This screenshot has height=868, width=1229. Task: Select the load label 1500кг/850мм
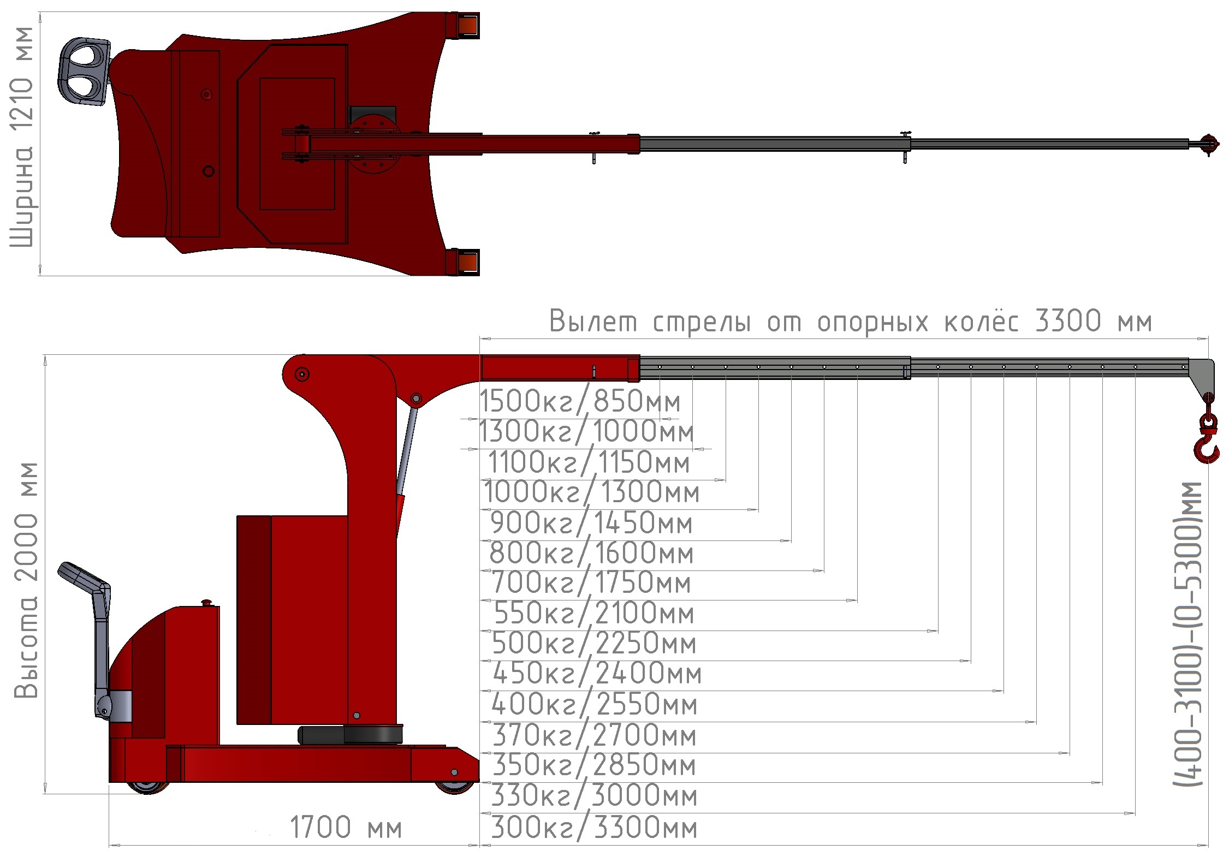coord(580,402)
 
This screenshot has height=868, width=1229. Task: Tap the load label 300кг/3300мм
coord(594,828)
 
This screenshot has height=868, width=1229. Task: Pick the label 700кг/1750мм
coord(591,582)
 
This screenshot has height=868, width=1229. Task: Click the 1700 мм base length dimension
coord(345,828)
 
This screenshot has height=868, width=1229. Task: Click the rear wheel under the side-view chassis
coord(147,787)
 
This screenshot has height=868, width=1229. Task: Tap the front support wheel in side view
coord(454,787)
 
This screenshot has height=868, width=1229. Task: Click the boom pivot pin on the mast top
coord(302,374)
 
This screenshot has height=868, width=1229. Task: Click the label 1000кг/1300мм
coord(591,492)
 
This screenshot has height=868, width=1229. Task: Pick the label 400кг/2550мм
coord(594,704)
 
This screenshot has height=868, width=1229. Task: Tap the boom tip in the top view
coord(1208,145)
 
